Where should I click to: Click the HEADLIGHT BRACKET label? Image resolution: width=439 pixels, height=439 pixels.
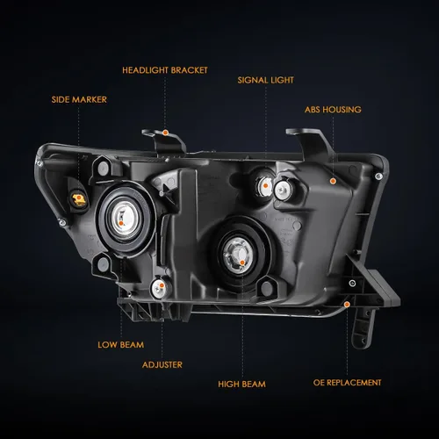pyautogui.click(x=165, y=70)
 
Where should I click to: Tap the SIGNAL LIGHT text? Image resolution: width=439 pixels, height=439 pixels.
pyautogui.click(x=265, y=80)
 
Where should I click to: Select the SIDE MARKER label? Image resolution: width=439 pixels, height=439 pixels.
pyautogui.click(x=79, y=99)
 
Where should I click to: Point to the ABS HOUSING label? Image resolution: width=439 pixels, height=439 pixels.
pyautogui.click(x=333, y=110)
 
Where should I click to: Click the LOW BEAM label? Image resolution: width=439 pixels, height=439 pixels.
pyautogui.click(x=120, y=345)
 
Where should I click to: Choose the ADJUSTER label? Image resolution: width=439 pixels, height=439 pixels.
pyautogui.click(x=162, y=364)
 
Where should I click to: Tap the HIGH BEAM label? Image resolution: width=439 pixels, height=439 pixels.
pyautogui.click(x=241, y=384)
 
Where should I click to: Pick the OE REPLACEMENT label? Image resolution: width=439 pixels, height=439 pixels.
pyautogui.click(x=347, y=383)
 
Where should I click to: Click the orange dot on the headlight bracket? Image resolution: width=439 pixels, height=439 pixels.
pyautogui.click(x=165, y=133)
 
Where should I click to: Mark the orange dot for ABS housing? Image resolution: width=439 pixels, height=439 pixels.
pyautogui.click(x=333, y=181)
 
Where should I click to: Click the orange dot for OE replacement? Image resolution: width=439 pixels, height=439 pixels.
pyautogui.click(x=347, y=305)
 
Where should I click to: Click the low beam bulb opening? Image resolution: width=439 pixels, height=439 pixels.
pyautogui.click(x=124, y=219)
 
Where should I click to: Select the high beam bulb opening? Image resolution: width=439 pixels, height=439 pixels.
pyautogui.click(x=238, y=254)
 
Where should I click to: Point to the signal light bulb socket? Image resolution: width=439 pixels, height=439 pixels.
pyautogui.click(x=264, y=186)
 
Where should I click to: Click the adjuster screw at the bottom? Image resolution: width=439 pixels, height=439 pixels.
pyautogui.click(x=159, y=288)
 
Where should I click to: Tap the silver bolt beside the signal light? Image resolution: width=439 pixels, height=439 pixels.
pyautogui.click(x=283, y=190)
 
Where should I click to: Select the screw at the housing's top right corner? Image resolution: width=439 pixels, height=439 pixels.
pyautogui.click(x=378, y=176)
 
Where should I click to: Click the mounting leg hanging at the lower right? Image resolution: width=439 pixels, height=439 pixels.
pyautogui.click(x=363, y=327)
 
